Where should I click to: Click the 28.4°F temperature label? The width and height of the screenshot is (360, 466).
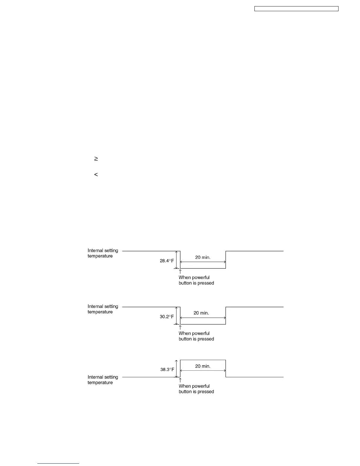coord(167,261)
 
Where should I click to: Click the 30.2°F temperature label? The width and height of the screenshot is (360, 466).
coord(167,317)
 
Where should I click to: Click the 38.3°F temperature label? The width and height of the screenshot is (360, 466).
coord(167,370)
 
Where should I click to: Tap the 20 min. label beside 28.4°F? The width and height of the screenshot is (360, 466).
coord(203,257)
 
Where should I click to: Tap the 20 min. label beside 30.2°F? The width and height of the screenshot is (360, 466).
coord(201,313)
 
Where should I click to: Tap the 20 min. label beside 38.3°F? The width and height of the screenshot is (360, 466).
coord(203,366)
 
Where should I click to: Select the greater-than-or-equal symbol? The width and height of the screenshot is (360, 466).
coord(96,159)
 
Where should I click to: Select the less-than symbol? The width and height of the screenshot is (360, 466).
coord(96,175)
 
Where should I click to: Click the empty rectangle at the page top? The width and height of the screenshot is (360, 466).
coord(296,9)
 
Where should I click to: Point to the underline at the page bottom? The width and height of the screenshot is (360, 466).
coord(58,463)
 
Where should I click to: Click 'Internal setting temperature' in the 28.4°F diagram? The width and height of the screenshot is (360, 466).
coord(103,253)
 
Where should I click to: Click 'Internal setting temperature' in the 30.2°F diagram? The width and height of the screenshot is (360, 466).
coord(103,309)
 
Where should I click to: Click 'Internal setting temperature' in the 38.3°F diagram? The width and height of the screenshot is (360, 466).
coord(103,380)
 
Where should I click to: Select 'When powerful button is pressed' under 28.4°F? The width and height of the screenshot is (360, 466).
coord(196,280)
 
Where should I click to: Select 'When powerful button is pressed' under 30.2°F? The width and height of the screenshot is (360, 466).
coord(196,336)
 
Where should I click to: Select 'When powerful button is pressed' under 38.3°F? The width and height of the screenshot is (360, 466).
coord(196,389)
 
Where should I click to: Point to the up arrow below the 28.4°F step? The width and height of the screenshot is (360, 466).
coord(180,272)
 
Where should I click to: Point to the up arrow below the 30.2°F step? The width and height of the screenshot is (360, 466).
coord(180,327)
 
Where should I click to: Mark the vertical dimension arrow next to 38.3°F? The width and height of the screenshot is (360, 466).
coord(176,368)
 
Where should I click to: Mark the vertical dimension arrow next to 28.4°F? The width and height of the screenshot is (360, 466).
coord(176,260)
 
